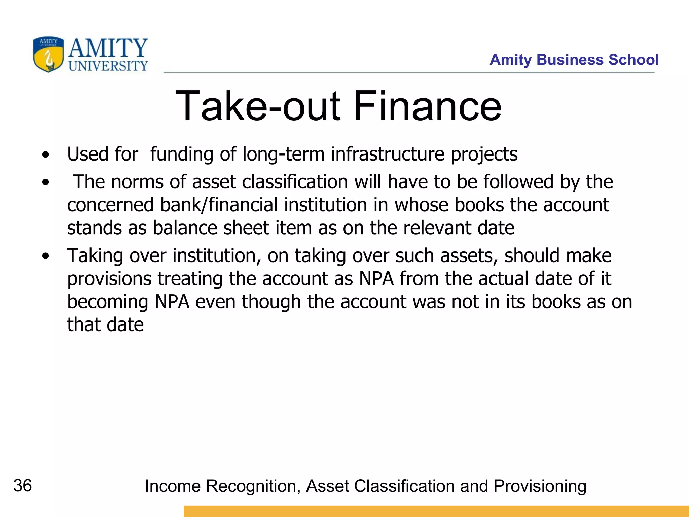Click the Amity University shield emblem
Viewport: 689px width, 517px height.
48,54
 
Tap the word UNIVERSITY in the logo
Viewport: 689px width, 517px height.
108,66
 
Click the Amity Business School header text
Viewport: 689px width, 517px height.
574,60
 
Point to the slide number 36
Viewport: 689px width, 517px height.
23,486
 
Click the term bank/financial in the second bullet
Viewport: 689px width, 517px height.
219,205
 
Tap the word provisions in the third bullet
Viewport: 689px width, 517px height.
109,279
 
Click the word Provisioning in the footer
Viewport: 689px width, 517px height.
540,486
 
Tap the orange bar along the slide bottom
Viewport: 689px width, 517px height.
436,511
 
